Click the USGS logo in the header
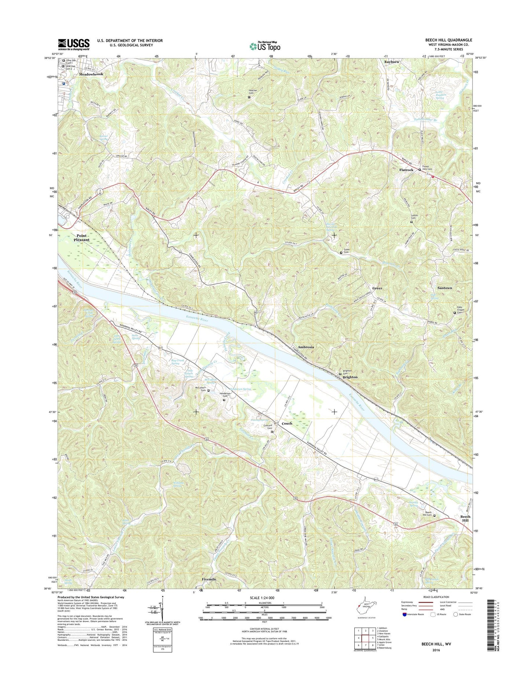click(x=73, y=44)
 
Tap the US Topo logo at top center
click(x=265, y=46)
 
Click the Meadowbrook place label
click(x=91, y=74)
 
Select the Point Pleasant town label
click(x=81, y=237)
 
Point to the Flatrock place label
click(x=406, y=170)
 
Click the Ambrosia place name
click(x=306, y=347)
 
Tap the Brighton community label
click(x=350, y=377)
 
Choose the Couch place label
click(x=287, y=423)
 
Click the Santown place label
click(x=445, y=288)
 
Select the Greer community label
click(x=377, y=288)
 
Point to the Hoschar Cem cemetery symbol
click(x=249, y=97)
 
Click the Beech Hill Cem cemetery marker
click(x=435, y=516)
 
